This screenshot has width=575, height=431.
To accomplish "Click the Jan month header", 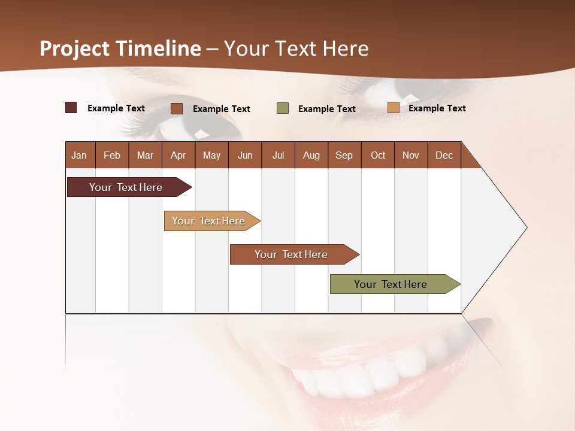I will coord(79,155).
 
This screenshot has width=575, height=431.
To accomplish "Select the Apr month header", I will coord(178,155).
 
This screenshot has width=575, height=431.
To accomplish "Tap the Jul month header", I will coord(278,155).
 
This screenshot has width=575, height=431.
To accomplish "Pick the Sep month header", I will coord(344,155).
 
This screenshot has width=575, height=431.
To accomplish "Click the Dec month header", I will coord(444,155).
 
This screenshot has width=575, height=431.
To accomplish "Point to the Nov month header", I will coord(410,155).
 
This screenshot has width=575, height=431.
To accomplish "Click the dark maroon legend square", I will coord(71,108).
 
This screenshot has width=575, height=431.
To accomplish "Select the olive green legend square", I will coord(283,108).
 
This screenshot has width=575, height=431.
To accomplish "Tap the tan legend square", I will coord(393,108).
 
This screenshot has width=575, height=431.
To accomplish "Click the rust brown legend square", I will coord(177,108).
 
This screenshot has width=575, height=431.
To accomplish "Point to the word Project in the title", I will coord(75,48).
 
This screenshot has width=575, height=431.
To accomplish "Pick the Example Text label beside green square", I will coord(327,109).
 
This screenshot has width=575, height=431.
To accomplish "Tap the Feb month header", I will coord(112,155).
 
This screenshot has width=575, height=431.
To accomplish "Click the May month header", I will coord(211,155).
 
